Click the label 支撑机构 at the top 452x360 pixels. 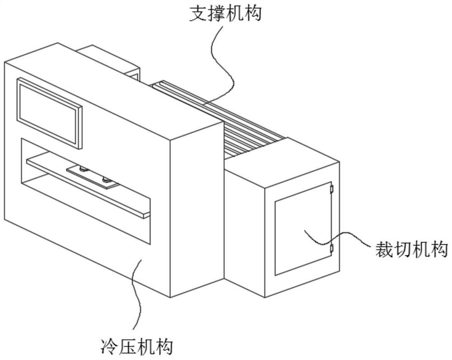point(225,14)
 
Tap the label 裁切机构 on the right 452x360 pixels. point(411,249)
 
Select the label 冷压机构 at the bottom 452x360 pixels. point(136,347)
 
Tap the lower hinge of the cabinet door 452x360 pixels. point(331,248)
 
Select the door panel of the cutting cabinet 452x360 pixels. point(303,230)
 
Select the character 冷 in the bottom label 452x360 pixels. point(107,347)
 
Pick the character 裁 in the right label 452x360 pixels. point(383,249)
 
